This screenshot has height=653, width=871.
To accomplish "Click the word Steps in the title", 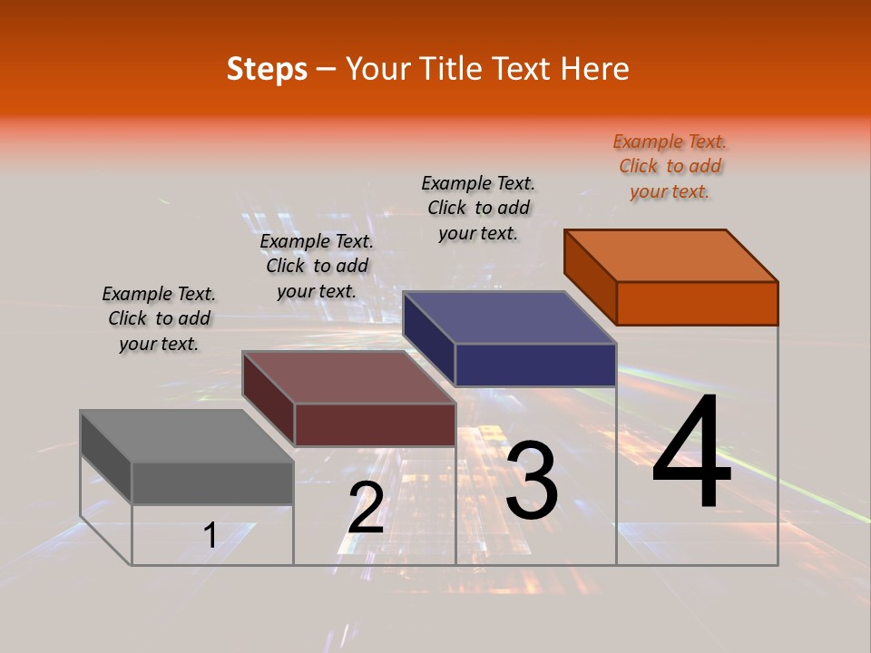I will (267, 69).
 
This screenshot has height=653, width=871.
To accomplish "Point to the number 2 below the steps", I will (366, 508).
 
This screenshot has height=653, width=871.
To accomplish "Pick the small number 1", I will (210, 535).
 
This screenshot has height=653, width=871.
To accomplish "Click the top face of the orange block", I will (671, 255).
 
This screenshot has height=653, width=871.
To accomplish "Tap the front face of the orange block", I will (697, 303).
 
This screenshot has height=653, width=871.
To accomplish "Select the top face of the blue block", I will (510, 317).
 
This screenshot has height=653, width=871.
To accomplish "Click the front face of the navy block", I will (535, 365).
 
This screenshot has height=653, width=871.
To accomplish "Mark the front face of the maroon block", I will (374, 424).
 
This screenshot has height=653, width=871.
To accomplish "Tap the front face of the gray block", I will (212, 482).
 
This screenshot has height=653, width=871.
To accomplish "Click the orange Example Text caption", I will (670, 167).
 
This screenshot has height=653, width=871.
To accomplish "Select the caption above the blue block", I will (478, 208).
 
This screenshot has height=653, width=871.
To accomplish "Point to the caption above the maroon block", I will (317, 266).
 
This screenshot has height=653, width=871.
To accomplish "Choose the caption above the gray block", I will (159, 318).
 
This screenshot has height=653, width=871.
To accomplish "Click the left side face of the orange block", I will (591, 277).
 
